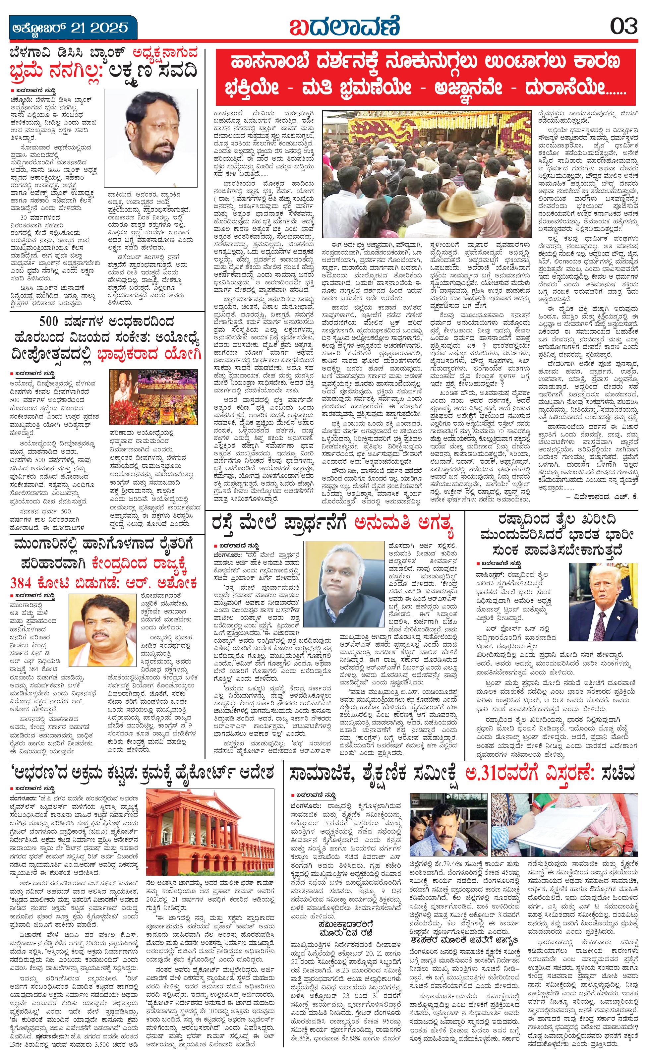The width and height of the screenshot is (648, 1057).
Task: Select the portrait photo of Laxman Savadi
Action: point(151,137)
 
